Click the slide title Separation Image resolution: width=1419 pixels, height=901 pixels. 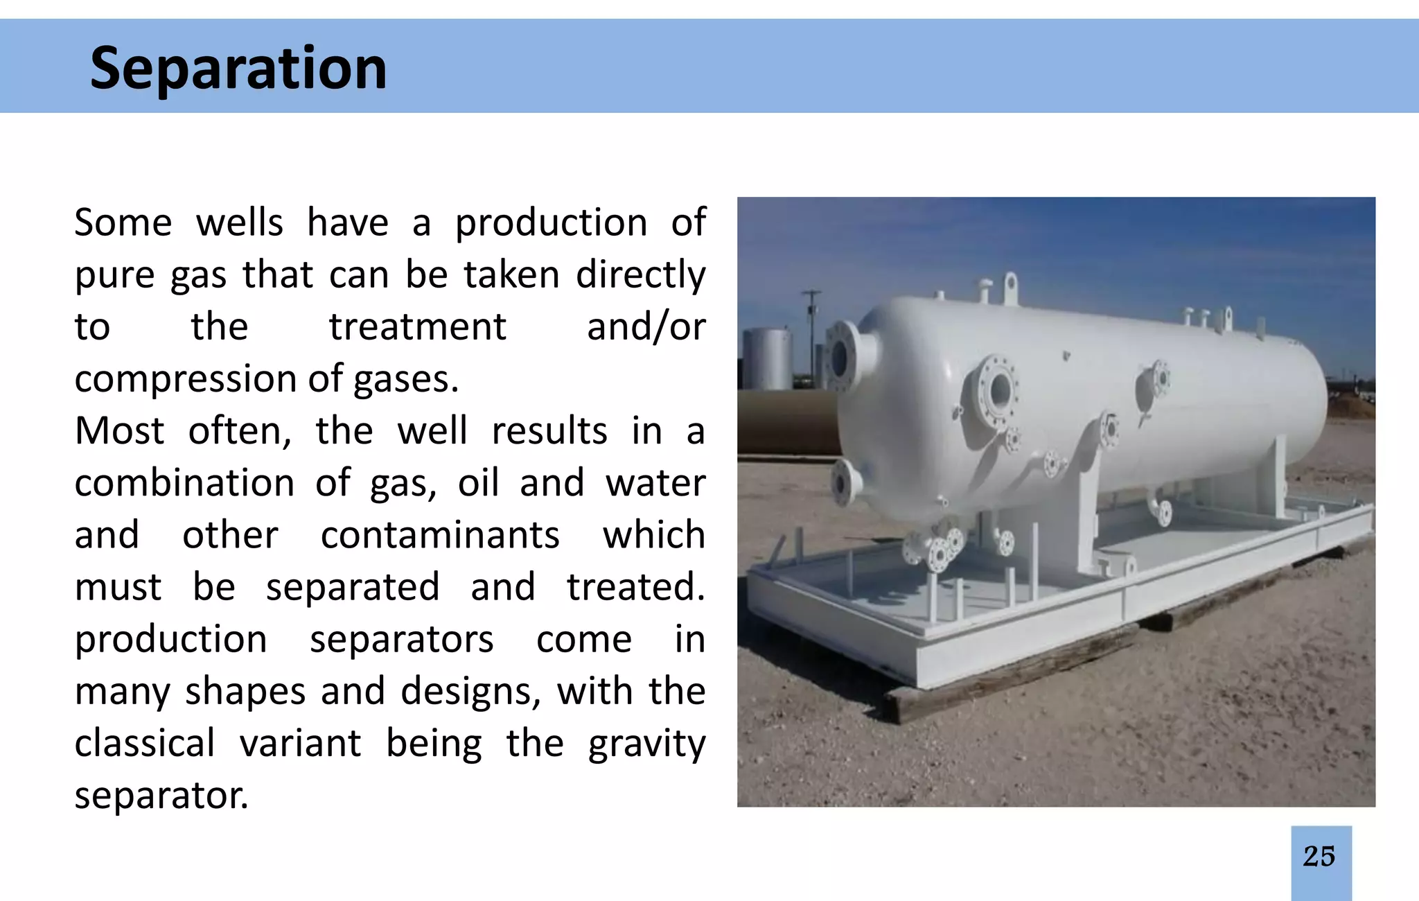pos(238,68)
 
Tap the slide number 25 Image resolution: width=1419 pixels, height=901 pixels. pos(1319,857)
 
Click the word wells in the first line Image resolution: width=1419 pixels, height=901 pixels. pos(239,223)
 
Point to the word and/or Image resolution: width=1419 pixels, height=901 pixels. pos(646,327)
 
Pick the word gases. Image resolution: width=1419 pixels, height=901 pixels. pos(405,380)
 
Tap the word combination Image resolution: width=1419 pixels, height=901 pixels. pos(184,483)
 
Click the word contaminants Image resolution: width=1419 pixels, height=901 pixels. pos(440,535)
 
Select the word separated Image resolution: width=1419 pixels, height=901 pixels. pos(353,587)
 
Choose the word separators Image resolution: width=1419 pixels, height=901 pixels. pos(401,639)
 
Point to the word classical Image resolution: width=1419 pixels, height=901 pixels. pos(145,744)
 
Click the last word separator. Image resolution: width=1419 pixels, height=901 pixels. pos(161,796)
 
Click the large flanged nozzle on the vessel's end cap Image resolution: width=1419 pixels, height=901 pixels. pos(843,357)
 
